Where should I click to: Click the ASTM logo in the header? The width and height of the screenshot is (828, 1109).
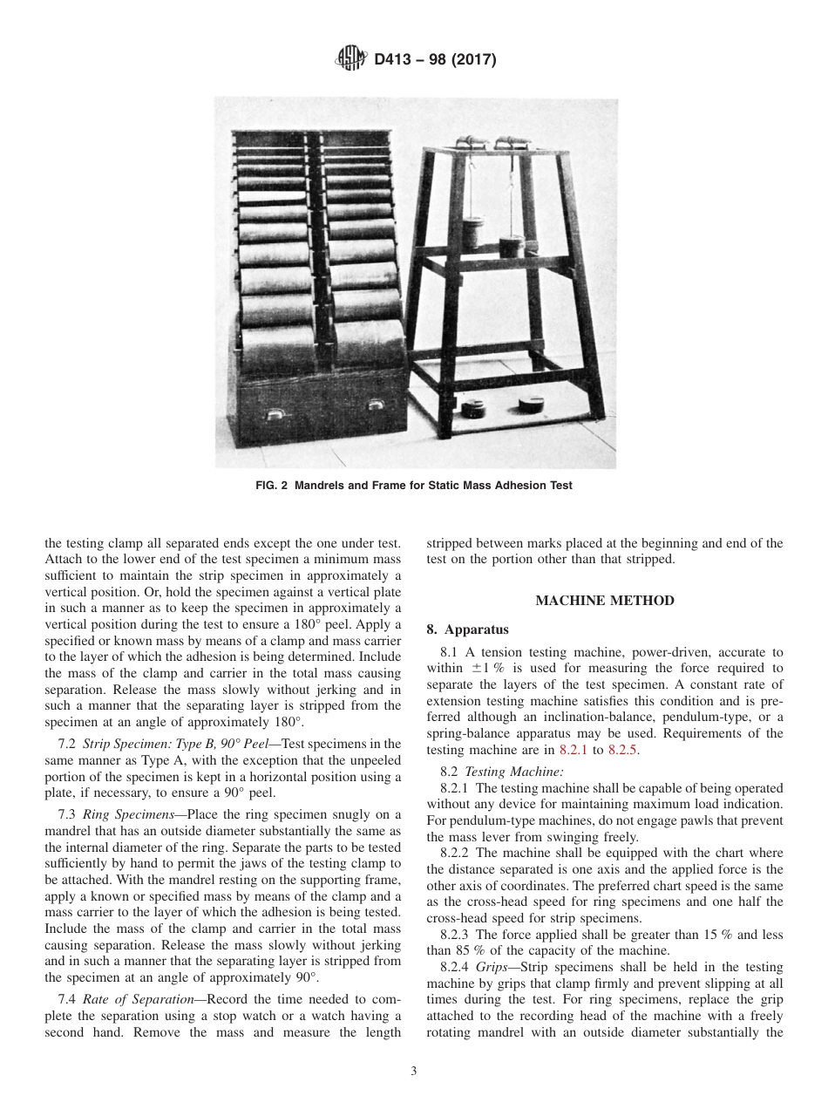[351, 60]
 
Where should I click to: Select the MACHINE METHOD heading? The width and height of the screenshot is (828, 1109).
[604, 601]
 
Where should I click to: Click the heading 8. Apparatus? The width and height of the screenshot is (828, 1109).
[467, 629]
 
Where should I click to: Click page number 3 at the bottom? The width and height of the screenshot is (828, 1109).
[414, 1072]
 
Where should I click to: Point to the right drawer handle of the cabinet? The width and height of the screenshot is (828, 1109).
[376, 404]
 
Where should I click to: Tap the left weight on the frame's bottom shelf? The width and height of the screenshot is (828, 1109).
[477, 408]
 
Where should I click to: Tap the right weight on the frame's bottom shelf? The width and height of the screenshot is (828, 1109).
[531, 403]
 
